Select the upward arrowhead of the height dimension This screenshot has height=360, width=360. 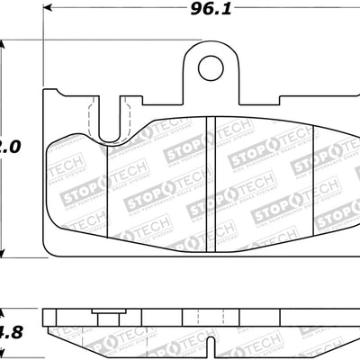click(6, 46)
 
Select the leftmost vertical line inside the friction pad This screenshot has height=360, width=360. click(107, 180)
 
